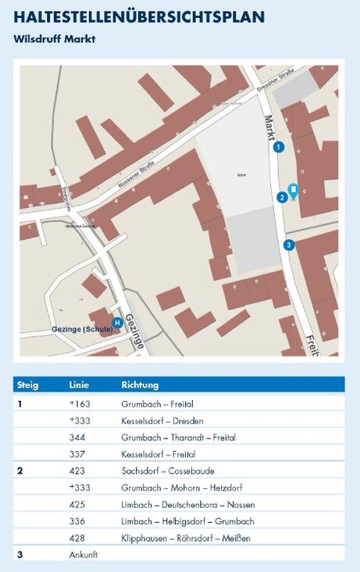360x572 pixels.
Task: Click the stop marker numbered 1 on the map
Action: tap(279, 146)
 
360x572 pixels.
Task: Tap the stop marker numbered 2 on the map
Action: tap(282, 197)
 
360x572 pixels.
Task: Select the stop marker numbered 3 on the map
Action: tap(289, 245)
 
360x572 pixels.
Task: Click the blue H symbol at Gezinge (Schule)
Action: tap(117, 322)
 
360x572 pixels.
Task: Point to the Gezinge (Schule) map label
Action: tap(82, 329)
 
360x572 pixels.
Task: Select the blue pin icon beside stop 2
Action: tap(293, 190)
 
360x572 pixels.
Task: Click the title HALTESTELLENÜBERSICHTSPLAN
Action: tap(139, 17)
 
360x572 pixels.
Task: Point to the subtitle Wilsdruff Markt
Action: tap(54, 38)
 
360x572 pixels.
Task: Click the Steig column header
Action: tap(28, 385)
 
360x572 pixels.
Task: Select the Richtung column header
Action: tap(140, 385)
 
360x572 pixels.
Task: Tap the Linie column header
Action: tap(80, 385)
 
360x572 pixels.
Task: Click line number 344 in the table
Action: tap(77, 438)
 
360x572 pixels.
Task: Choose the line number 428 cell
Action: tap(77, 538)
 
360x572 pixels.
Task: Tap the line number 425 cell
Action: tap(77, 504)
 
